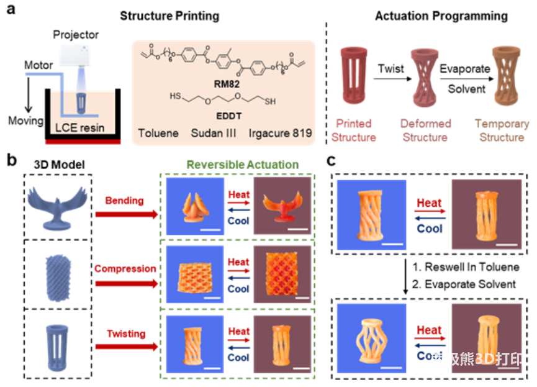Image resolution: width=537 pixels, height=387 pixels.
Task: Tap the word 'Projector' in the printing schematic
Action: (75, 34)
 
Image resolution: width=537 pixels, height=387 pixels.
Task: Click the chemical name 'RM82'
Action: (228, 81)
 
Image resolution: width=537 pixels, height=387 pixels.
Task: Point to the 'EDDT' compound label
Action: (227, 115)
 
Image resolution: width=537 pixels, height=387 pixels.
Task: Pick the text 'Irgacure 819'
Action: (289, 134)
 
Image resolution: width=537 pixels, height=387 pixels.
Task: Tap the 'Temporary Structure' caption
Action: (501, 130)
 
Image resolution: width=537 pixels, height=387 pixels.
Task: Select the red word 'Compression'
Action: (125, 268)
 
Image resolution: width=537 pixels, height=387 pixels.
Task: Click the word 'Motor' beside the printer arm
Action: (38, 65)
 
